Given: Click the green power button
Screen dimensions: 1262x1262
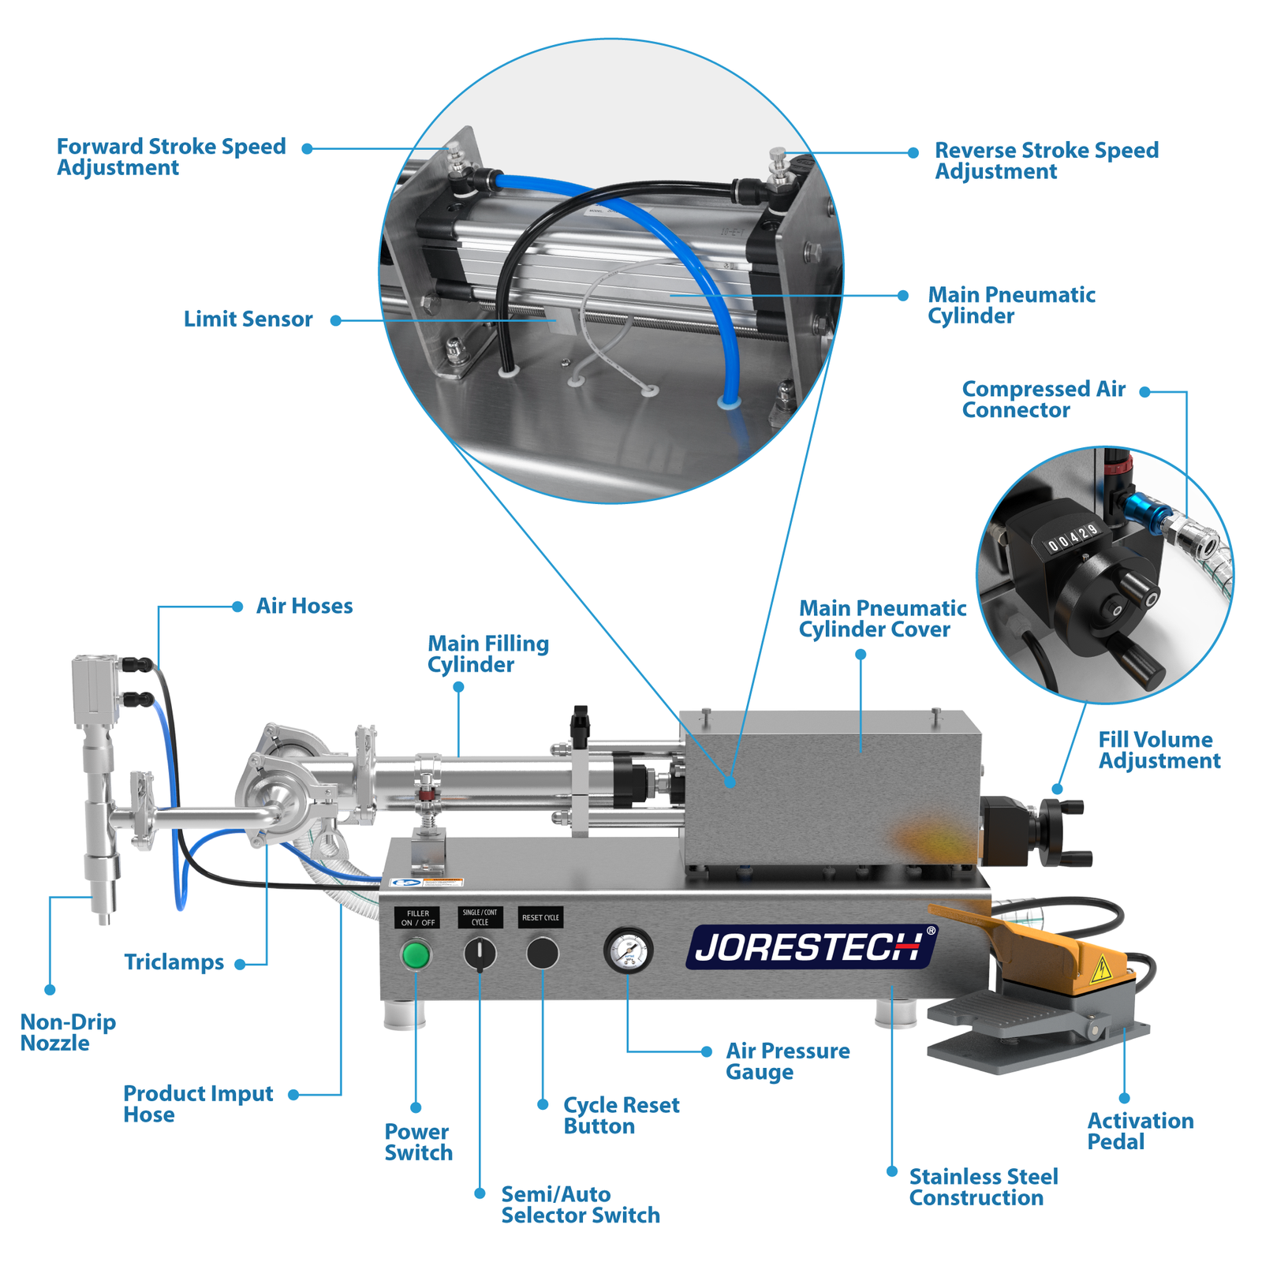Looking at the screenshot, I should click(x=416, y=954).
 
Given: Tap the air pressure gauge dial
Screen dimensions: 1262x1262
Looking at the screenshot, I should click(x=628, y=950).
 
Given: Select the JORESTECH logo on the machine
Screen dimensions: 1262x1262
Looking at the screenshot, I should click(x=812, y=946).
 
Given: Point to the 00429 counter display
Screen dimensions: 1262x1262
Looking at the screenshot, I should click(x=1072, y=537).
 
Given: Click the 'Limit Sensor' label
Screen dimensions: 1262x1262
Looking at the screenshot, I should click(x=248, y=319).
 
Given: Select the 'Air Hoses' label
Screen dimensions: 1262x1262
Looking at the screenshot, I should click(x=304, y=606).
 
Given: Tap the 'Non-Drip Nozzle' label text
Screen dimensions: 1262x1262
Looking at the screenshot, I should click(x=67, y=1032).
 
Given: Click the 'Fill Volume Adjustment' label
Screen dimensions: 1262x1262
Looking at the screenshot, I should click(x=1159, y=750).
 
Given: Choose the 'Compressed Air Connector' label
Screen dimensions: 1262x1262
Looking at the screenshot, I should click(x=1043, y=399).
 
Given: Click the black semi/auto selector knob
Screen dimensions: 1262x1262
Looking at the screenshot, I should click(x=480, y=954).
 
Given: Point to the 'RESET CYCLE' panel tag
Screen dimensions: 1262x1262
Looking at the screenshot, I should click(x=540, y=917).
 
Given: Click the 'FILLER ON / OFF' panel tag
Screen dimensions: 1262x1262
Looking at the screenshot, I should click(x=417, y=917).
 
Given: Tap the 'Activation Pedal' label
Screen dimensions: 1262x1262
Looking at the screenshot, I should click(x=1140, y=1131).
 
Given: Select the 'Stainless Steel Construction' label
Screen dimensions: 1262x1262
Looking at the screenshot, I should click(x=983, y=1187).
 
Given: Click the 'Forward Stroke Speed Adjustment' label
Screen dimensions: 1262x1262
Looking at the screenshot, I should click(x=170, y=157).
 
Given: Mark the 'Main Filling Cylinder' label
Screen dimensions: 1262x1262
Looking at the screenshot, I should click(x=487, y=654).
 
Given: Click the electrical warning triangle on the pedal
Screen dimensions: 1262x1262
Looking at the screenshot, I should click(x=1100, y=971).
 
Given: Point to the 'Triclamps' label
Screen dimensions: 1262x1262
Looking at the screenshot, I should click(x=174, y=962).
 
